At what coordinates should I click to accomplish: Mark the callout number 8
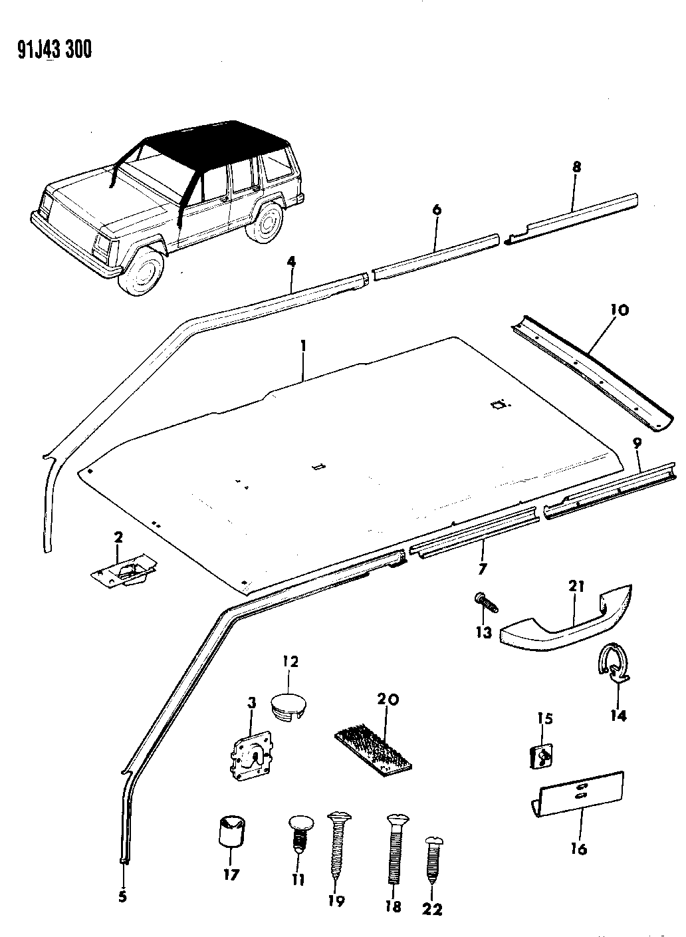tap(576, 167)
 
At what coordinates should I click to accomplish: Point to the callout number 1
tap(303, 346)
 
